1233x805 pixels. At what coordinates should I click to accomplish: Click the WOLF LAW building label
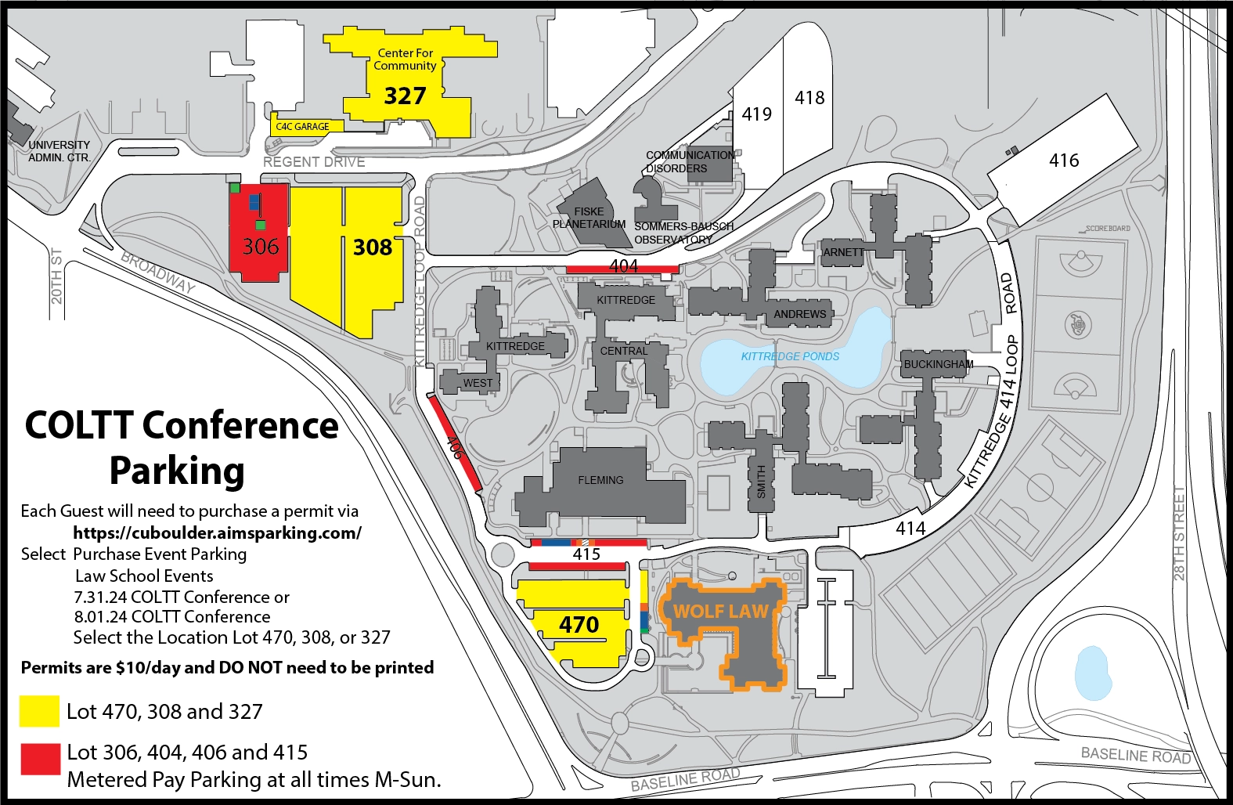(721, 612)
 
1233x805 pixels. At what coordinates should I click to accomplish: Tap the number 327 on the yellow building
(405, 96)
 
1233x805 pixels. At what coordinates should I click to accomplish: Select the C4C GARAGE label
(302, 126)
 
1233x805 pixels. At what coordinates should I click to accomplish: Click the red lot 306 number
(261, 247)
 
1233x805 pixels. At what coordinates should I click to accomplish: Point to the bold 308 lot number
(373, 247)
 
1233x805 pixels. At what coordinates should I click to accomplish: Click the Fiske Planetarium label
(589, 218)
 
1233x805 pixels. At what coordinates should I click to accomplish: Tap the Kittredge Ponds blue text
(790, 356)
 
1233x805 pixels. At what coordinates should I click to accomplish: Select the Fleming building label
(600, 480)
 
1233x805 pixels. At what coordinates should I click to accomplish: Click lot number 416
(1064, 161)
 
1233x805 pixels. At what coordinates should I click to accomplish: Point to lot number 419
(756, 114)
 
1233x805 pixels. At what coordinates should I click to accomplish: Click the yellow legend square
(39, 711)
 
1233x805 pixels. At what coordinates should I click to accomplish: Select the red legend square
(40, 759)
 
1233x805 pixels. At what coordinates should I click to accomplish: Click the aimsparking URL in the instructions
(217, 532)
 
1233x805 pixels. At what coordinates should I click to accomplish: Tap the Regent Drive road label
(314, 162)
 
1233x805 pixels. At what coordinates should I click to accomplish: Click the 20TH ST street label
(56, 276)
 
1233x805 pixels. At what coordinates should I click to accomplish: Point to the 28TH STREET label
(1179, 533)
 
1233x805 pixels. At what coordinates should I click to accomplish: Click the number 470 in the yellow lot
(579, 625)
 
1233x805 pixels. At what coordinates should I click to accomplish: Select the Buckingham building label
(938, 364)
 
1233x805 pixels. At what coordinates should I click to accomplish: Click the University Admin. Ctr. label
(59, 151)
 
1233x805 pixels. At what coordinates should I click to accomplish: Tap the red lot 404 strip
(622, 268)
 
